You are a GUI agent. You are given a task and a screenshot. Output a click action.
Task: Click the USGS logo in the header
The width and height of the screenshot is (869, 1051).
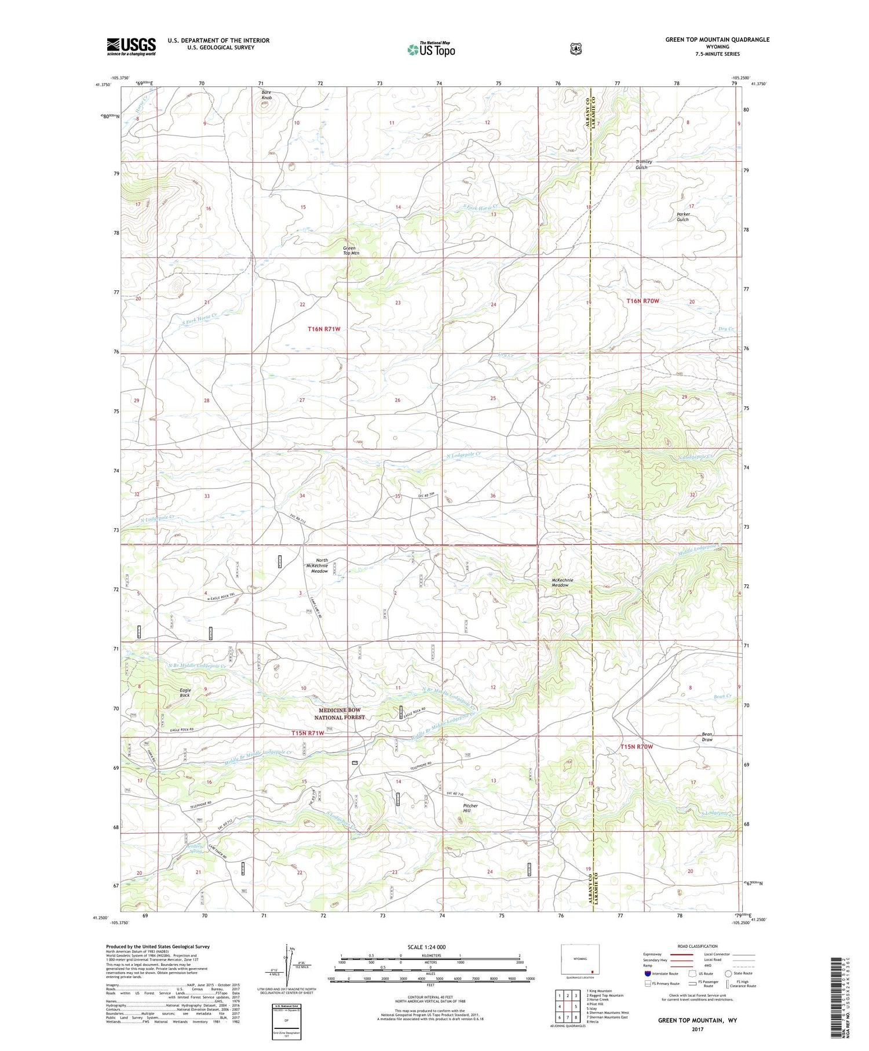tap(131, 46)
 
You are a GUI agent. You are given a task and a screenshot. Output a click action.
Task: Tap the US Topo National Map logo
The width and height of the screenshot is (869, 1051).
tap(431, 49)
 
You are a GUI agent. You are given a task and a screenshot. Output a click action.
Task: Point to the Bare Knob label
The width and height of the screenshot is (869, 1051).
tap(266, 95)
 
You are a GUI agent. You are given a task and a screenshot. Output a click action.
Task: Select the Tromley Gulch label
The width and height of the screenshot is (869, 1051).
tap(644, 164)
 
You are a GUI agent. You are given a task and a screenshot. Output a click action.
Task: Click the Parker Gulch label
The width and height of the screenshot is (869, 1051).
tap(682, 217)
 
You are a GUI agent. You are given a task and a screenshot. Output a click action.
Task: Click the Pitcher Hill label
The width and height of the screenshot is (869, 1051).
tap(470, 808)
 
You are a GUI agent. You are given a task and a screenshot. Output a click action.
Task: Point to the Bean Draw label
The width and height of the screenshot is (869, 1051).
tap(707, 737)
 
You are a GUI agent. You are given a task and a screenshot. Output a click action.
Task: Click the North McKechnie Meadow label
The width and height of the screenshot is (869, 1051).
tap(319, 566)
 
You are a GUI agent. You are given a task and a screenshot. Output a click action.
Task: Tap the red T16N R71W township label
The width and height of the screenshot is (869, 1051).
tap(324, 329)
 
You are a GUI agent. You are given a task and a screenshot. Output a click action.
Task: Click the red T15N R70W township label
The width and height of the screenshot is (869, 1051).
tap(637, 747)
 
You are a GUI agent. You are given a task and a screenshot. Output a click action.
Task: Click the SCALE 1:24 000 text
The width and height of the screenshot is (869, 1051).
tap(430, 947)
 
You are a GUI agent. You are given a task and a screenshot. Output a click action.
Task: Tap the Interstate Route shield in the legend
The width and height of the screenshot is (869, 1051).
tap(647, 974)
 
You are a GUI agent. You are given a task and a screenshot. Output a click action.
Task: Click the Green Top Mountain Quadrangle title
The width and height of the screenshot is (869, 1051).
tap(717, 39)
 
